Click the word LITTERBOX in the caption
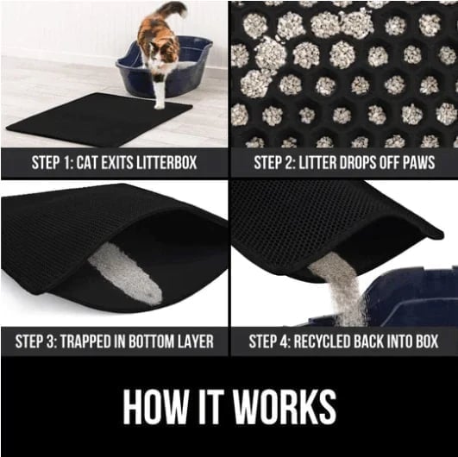[178, 162]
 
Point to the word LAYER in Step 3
[195, 340]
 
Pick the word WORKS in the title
[285, 406]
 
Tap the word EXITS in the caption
[130, 162]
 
